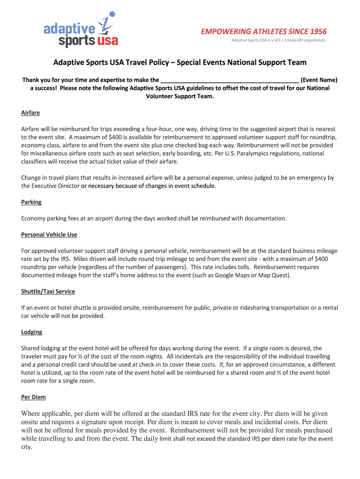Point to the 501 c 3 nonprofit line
point(279,40)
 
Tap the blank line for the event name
point(230,80)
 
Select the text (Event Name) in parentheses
point(319,80)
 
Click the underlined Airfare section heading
point(30,113)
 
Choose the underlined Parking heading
point(31,202)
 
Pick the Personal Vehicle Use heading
point(49,234)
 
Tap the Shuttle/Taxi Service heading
point(48,291)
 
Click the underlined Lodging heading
point(32,332)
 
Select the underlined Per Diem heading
point(33,397)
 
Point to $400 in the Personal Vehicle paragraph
point(321,259)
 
